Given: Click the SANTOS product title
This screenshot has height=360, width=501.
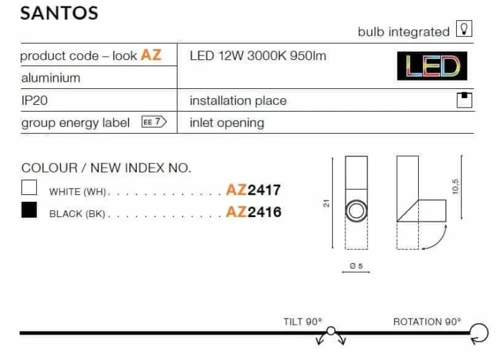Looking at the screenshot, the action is coord(59,13).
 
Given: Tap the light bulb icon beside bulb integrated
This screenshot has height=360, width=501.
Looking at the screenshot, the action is coord(464,29).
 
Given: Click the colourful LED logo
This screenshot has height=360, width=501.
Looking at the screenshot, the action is coord(432,66).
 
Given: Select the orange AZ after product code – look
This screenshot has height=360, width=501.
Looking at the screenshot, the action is coord(151,55).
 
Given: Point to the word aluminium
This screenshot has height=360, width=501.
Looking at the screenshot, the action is coord(51,78).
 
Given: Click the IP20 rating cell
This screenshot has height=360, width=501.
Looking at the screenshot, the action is coord(35,101).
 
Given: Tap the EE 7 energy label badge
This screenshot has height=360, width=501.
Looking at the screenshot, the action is coord(154,122).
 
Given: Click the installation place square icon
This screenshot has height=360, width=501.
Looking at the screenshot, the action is coord(464,100).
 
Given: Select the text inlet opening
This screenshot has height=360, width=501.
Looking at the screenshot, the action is coord(227,123).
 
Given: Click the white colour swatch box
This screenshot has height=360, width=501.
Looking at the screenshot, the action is coord(29,188).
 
